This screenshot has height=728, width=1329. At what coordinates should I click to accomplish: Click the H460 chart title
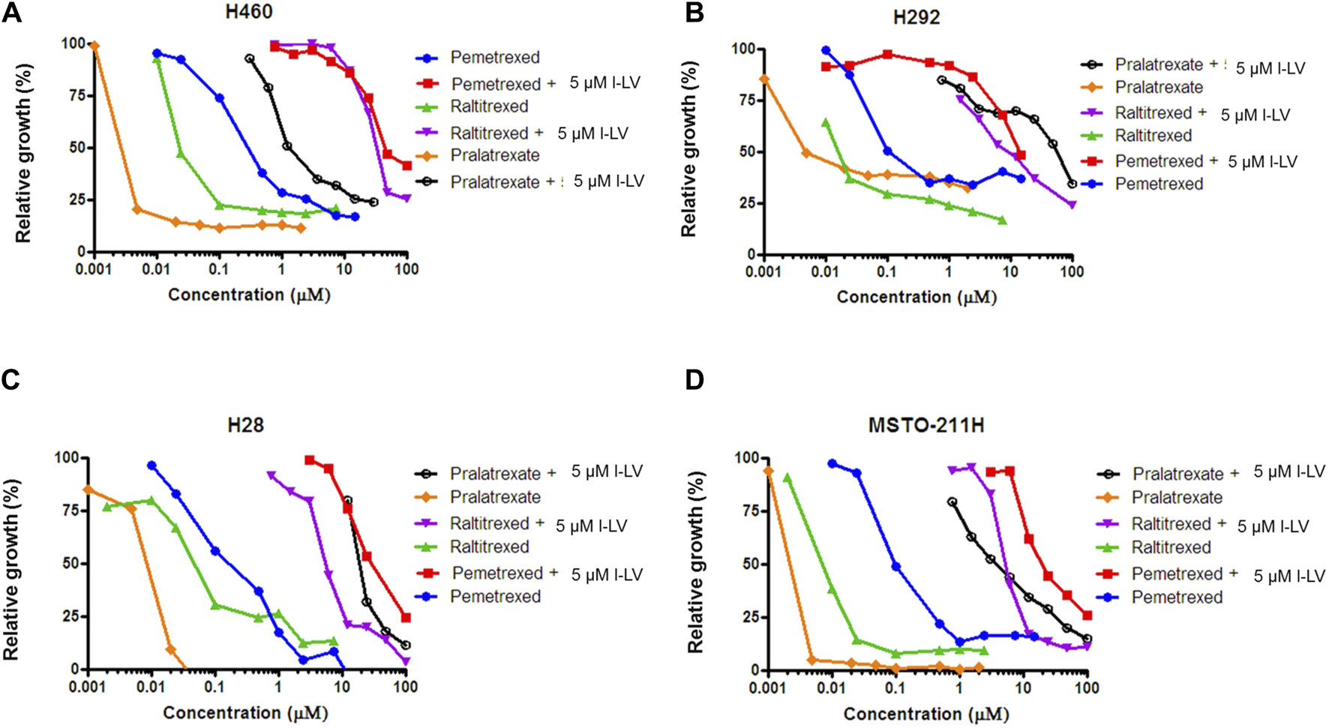(x=248, y=12)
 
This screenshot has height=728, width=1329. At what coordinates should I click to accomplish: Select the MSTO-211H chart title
(x=925, y=426)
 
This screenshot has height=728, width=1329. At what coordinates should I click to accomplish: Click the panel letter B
(x=694, y=13)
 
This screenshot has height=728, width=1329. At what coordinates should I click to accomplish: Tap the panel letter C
(x=10, y=380)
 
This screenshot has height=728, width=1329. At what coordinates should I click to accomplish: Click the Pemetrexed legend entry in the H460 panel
(x=494, y=58)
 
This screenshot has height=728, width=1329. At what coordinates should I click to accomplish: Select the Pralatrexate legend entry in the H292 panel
(x=1158, y=88)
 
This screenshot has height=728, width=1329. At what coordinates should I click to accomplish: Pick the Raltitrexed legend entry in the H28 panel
(x=489, y=547)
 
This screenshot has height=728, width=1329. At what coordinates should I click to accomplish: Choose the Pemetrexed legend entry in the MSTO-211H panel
(x=1177, y=598)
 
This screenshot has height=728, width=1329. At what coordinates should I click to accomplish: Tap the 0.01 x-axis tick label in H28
(x=151, y=687)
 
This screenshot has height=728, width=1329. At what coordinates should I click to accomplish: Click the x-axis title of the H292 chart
(x=916, y=298)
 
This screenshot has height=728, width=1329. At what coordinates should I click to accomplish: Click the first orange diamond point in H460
(x=94, y=46)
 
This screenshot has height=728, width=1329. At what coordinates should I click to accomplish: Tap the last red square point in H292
(x=1021, y=156)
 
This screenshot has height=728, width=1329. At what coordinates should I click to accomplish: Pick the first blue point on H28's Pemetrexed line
(x=151, y=466)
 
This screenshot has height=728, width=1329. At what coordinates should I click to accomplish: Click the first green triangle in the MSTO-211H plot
(x=787, y=478)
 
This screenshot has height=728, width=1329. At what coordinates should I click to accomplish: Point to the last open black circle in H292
(x=1072, y=184)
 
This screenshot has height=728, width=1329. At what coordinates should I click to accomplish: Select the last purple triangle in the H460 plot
(x=406, y=199)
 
